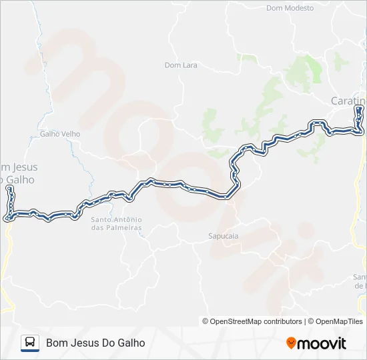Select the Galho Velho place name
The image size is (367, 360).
pyautogui.click(x=60, y=133)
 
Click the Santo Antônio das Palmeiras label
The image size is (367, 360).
pyautogui.click(x=117, y=223)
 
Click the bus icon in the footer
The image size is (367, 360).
pyautogui.click(x=30, y=343)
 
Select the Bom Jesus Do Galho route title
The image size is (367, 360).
pyautogui.click(x=95, y=343)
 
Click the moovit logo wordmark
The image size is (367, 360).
pyautogui.click(x=322, y=343)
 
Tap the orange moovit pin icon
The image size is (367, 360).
pyautogui.click(x=291, y=343)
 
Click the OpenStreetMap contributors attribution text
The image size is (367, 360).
pyautogui.click(x=252, y=321)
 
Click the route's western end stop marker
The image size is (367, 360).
pyautogui.click(x=9, y=189)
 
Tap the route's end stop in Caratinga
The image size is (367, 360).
pyautogui.click(x=359, y=108)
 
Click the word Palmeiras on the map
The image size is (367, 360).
pyautogui.click(x=124, y=228)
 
